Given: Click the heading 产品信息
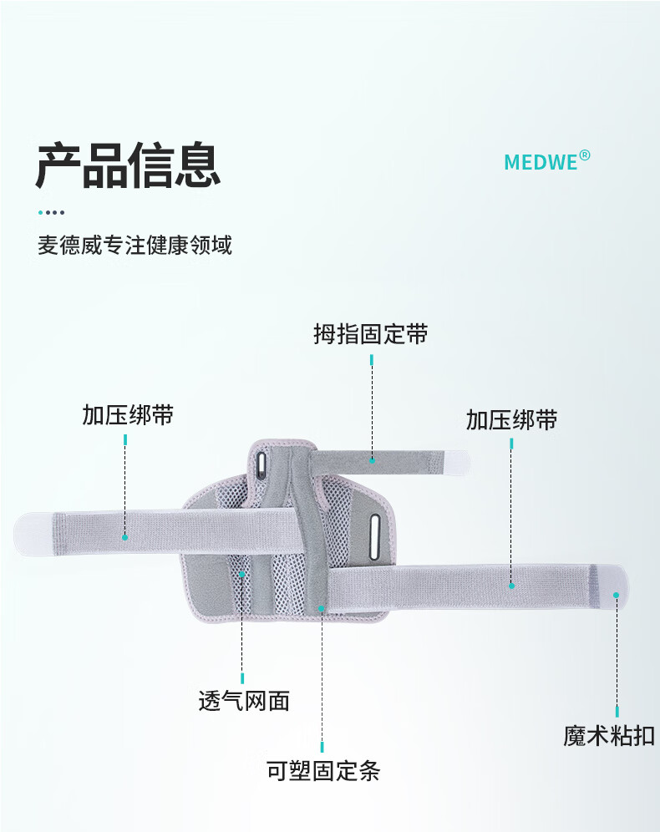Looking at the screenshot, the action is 128,165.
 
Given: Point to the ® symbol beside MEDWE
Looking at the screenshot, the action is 584,155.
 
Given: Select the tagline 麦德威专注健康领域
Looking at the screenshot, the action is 135,245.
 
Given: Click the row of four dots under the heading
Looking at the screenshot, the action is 52,212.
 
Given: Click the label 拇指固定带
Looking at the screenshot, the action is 371,334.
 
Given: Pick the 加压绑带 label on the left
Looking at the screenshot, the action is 128,415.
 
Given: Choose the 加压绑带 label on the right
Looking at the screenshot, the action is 512,419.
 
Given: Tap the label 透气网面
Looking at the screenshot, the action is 244,700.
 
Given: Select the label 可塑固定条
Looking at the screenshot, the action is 323,770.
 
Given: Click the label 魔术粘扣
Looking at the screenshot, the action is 609,736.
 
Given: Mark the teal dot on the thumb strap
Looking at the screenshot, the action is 372,460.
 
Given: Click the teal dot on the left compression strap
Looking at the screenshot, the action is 125,537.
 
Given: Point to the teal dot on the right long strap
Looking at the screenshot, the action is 511,586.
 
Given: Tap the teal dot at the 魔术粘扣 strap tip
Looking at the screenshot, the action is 616,596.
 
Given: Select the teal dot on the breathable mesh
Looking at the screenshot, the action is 242,574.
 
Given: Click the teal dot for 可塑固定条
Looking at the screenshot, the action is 322,609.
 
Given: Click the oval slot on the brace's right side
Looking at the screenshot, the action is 374,537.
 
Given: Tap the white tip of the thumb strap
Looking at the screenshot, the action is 457,462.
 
